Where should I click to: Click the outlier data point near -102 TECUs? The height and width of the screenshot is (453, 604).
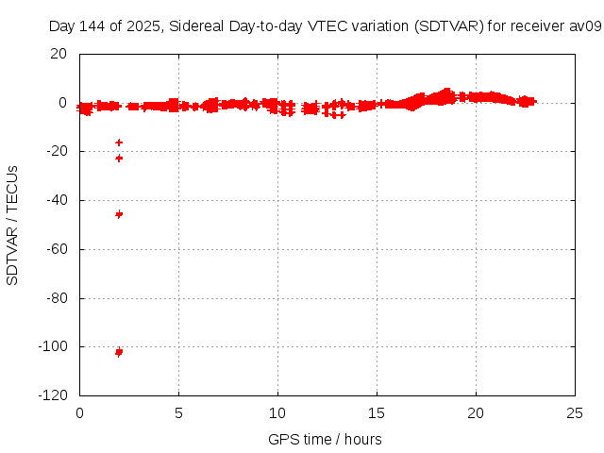[x=119, y=352]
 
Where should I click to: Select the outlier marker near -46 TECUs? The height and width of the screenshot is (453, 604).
[x=119, y=214]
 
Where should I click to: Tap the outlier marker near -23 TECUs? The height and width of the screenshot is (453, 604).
[x=119, y=158]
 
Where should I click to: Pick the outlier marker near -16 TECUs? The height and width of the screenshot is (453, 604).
[x=119, y=143]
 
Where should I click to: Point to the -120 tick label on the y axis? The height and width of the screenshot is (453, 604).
[x=53, y=395]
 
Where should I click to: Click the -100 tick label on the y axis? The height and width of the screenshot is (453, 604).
[x=53, y=346]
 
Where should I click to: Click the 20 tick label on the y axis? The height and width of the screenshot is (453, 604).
[x=59, y=54]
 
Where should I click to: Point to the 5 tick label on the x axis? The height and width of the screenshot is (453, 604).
[x=179, y=412]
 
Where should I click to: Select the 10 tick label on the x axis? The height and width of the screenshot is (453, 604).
[x=278, y=412]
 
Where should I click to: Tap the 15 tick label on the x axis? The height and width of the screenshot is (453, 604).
[x=377, y=412]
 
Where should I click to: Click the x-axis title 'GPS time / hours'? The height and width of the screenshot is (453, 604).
[x=326, y=439]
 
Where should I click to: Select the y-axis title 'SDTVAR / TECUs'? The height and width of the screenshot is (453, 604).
[x=13, y=225]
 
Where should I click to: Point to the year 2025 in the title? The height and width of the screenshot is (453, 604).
[x=143, y=26]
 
